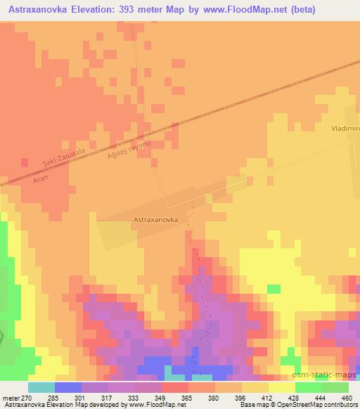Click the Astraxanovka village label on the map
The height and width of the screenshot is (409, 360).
point(156,219)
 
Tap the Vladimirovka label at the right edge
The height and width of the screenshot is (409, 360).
point(345,129)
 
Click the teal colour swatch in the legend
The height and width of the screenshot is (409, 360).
point(41,387)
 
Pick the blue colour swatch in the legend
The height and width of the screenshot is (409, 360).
point(67,387)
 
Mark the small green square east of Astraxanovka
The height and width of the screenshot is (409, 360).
point(274,289)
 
